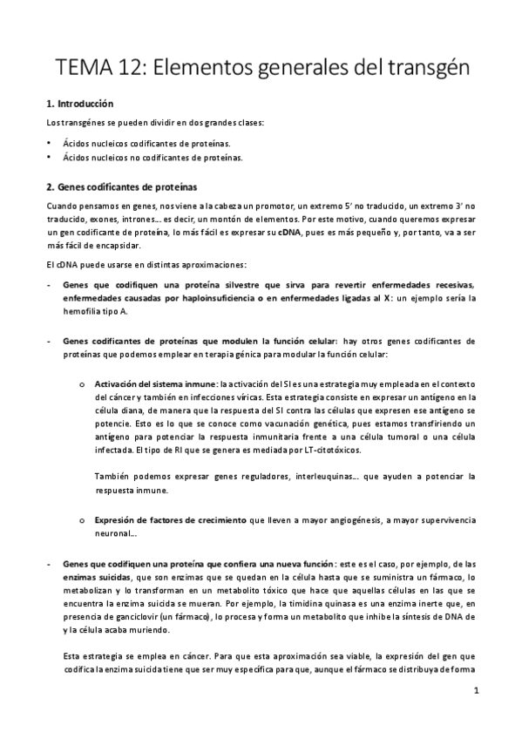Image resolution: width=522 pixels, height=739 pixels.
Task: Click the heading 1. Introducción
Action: click(x=80, y=104)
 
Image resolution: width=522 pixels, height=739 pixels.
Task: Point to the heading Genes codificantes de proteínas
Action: click(x=122, y=186)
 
